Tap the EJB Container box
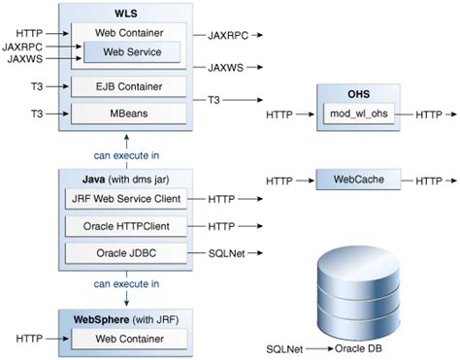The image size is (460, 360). point(128,87)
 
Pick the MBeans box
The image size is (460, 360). point(128,115)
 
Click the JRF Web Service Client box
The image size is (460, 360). point(128,199)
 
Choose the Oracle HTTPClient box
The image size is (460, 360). point(128,226)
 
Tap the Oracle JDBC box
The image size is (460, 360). point(128,253)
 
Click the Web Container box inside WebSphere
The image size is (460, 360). point(128,339)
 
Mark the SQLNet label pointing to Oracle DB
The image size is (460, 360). point(285,347)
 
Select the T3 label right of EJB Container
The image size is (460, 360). point(214,100)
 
